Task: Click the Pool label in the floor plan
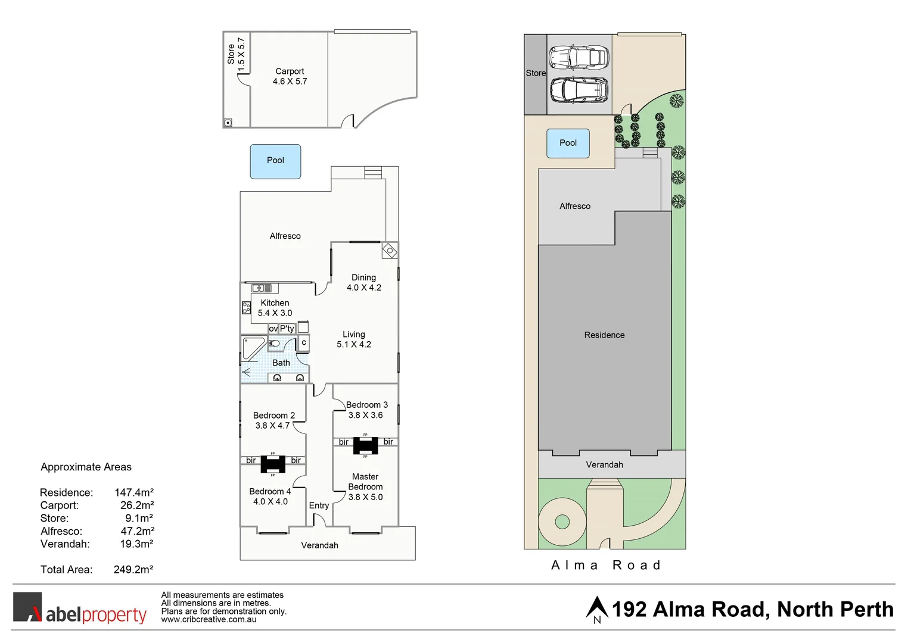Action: (x=275, y=160)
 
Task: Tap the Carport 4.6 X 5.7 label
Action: (x=290, y=76)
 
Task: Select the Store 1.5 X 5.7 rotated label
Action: (x=236, y=54)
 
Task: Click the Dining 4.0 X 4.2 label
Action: (x=363, y=282)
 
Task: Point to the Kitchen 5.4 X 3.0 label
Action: (x=275, y=308)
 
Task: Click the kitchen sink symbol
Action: (x=262, y=288)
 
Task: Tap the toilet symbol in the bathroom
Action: (x=275, y=344)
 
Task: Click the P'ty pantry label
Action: (x=287, y=329)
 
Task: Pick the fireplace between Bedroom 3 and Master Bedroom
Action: (x=365, y=445)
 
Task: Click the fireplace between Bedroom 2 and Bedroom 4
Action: (x=273, y=464)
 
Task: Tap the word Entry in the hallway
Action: (x=319, y=505)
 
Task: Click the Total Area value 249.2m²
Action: (x=133, y=570)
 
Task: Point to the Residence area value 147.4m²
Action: (x=134, y=493)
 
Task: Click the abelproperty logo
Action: (x=80, y=608)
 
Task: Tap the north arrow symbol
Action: (x=596, y=609)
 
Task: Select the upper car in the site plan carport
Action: (x=579, y=58)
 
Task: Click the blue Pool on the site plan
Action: (x=568, y=143)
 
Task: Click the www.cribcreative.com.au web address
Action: (x=209, y=620)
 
